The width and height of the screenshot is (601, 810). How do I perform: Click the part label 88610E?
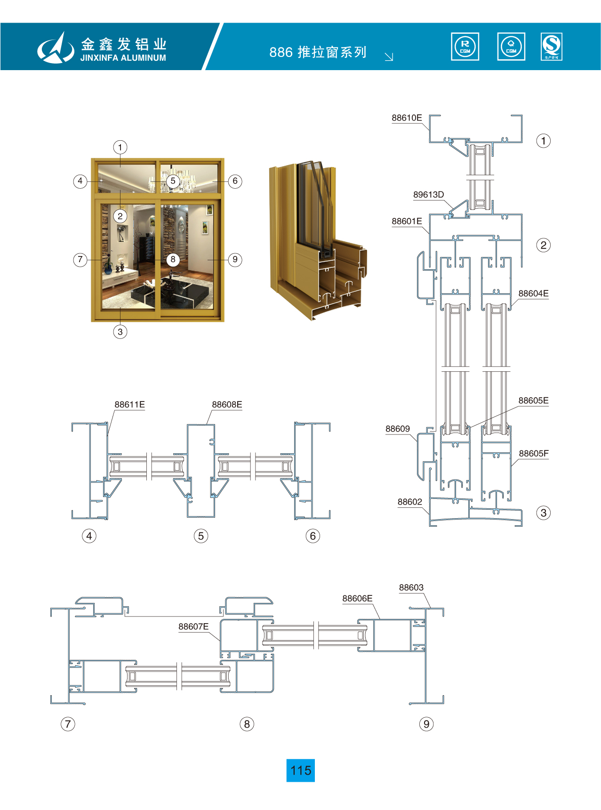click(407, 118)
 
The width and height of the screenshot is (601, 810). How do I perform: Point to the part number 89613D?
click(428, 195)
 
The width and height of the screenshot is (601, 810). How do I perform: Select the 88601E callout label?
click(407, 222)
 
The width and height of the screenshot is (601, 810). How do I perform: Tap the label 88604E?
click(533, 294)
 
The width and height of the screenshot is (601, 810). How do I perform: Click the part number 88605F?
click(533, 454)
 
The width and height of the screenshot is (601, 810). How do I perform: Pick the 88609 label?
click(397, 429)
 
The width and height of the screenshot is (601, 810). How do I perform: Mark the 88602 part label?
click(409, 502)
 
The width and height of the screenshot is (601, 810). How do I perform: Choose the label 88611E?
click(129, 405)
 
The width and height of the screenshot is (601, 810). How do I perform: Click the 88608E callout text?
click(227, 405)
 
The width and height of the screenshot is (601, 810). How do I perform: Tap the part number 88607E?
click(193, 627)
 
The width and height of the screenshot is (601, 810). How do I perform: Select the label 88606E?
click(357, 599)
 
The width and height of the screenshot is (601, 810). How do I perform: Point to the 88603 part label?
click(411, 588)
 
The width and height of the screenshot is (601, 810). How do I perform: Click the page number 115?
click(301, 770)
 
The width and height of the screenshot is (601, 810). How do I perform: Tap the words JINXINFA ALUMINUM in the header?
click(123, 58)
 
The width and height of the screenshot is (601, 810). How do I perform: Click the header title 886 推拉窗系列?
click(318, 52)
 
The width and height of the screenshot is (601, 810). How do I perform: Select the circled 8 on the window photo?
click(173, 259)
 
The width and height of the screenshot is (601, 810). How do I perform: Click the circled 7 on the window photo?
click(80, 259)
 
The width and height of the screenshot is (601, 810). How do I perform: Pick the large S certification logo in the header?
click(551, 47)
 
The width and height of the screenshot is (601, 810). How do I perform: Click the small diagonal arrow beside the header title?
click(389, 57)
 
